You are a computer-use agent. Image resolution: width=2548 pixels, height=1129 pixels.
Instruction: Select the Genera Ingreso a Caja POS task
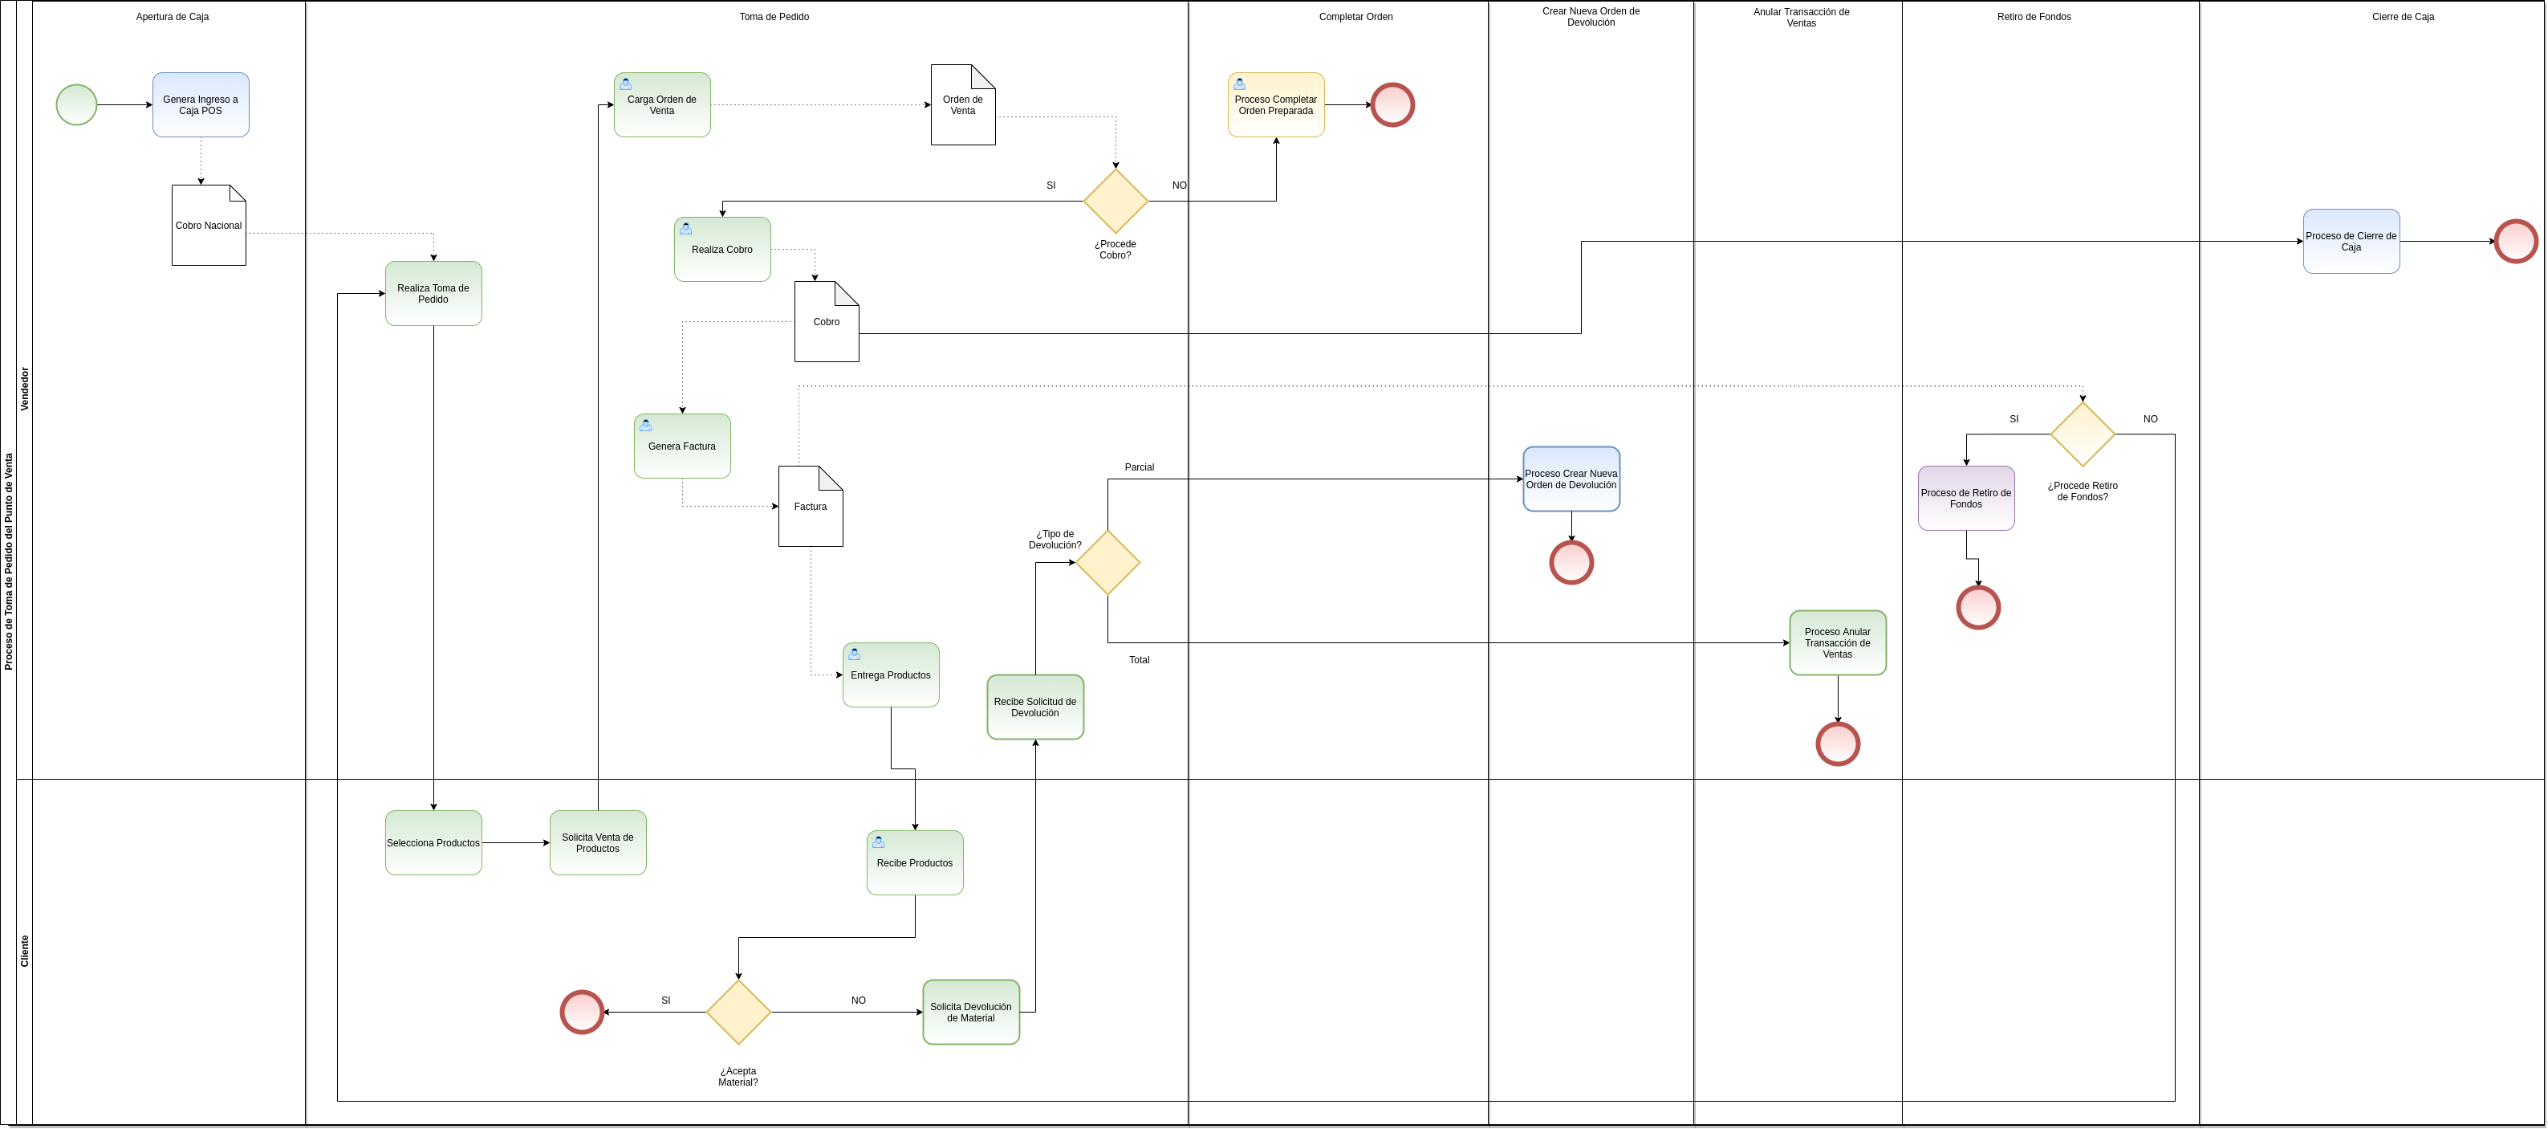[x=201, y=105]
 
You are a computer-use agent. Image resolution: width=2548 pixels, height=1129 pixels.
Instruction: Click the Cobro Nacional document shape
[x=209, y=226]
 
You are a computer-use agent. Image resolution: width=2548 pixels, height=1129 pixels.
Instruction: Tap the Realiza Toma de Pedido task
[x=433, y=294]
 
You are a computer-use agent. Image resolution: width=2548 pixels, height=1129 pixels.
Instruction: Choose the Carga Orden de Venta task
[x=662, y=105]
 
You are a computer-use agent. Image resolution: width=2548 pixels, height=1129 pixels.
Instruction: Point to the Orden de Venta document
[x=962, y=106]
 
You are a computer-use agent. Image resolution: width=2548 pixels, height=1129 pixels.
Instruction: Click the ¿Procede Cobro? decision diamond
[x=1115, y=201]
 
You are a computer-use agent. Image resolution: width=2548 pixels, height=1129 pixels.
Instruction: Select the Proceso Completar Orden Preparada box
[x=1276, y=105]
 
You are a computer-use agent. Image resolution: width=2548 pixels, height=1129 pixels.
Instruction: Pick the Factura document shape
[x=810, y=507]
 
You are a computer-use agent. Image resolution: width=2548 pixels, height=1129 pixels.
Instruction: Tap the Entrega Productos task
[x=890, y=675]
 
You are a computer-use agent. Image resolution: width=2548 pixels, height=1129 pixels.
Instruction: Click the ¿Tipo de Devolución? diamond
[x=1107, y=562]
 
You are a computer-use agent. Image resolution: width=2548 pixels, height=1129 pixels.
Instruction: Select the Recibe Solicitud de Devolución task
[x=1034, y=707]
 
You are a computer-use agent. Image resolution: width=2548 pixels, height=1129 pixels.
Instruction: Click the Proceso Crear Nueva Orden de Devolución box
[x=1571, y=479]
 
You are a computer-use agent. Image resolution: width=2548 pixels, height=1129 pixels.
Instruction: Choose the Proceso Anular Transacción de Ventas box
[x=1837, y=643]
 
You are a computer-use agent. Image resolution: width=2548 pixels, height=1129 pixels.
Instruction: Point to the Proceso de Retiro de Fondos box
[x=1965, y=499]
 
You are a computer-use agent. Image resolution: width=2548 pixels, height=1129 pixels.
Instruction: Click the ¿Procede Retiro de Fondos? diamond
[x=2082, y=434]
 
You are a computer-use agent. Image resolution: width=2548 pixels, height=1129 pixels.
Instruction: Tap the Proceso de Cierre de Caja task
[x=2350, y=242]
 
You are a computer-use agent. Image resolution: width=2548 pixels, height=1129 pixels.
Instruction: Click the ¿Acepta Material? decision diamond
[x=738, y=1013]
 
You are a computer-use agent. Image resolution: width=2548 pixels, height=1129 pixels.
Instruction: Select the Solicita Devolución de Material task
[x=970, y=1013]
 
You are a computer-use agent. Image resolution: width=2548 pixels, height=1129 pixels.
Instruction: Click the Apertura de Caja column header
[x=172, y=17]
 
